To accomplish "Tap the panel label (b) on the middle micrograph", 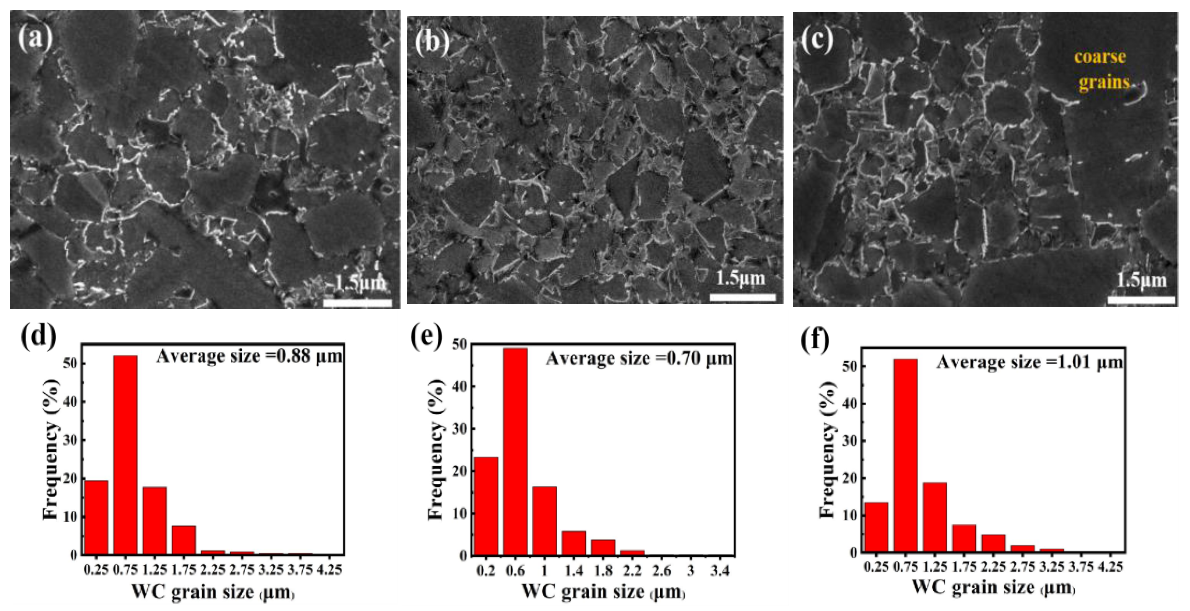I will click(432, 43).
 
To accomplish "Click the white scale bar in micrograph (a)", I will click(358, 303).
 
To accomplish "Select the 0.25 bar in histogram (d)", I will click(96, 517).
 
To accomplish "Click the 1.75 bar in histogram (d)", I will click(184, 540).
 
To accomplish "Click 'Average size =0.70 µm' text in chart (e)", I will click(639, 359).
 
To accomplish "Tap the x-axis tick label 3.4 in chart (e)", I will click(720, 571).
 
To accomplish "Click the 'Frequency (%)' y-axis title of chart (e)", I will click(435, 448).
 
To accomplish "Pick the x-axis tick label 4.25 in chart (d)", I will click(329, 570).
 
